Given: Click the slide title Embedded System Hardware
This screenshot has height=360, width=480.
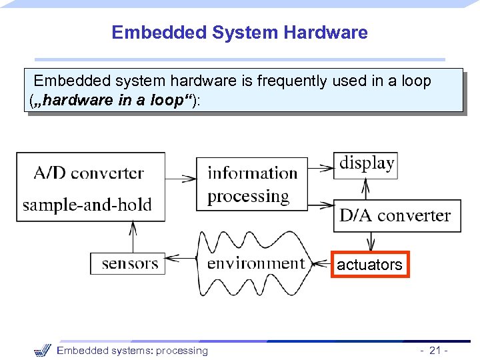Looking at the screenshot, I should [x=239, y=32].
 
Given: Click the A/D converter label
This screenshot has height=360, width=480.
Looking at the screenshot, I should [x=88, y=173].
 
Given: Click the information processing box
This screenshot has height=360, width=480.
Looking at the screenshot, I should [x=252, y=184].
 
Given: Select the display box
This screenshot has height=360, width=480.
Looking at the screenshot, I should [x=367, y=163].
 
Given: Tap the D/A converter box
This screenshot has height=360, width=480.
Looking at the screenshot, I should [x=395, y=215].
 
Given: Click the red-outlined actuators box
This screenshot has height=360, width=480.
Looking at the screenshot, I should [x=369, y=265].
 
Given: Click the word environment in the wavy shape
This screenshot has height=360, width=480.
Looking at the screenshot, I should [x=255, y=263].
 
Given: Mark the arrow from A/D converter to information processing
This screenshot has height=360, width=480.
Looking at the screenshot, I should [x=181, y=178].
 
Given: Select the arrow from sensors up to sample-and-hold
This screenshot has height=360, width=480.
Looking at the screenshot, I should [x=133, y=237].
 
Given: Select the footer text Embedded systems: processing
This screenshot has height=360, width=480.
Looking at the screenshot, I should [x=132, y=351].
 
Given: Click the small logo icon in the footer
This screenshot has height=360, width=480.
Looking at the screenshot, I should [x=42, y=350].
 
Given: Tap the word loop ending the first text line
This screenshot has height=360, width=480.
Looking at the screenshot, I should [x=417, y=81].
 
